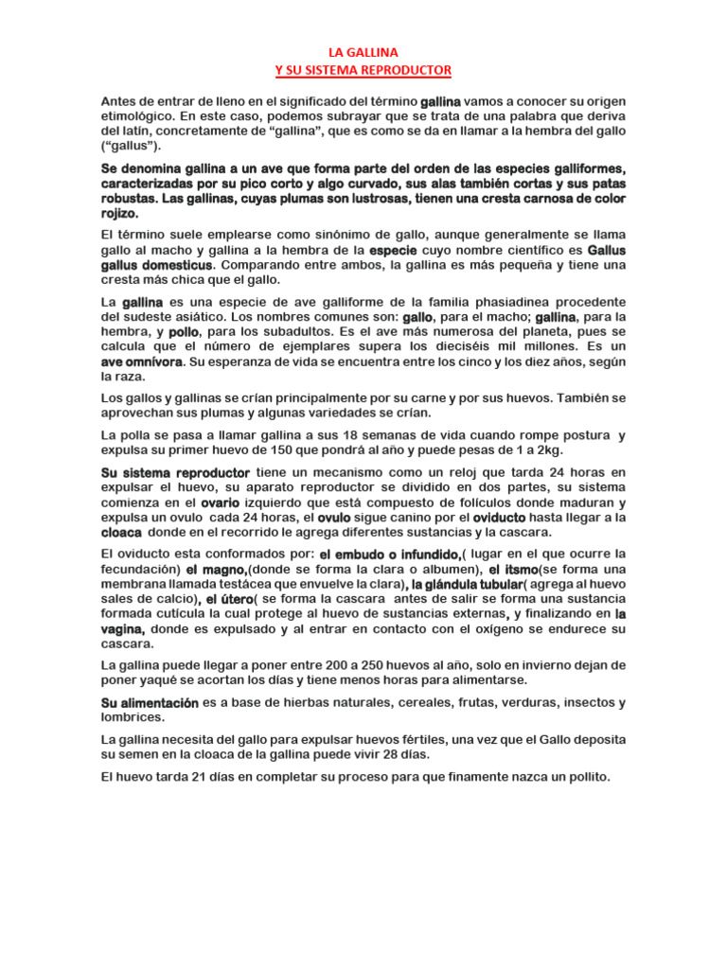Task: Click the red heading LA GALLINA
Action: point(363,55)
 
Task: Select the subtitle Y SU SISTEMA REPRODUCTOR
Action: point(363,71)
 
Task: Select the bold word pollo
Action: point(184,332)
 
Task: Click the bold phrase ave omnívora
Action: point(141,362)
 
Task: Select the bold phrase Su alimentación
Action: point(150,702)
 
